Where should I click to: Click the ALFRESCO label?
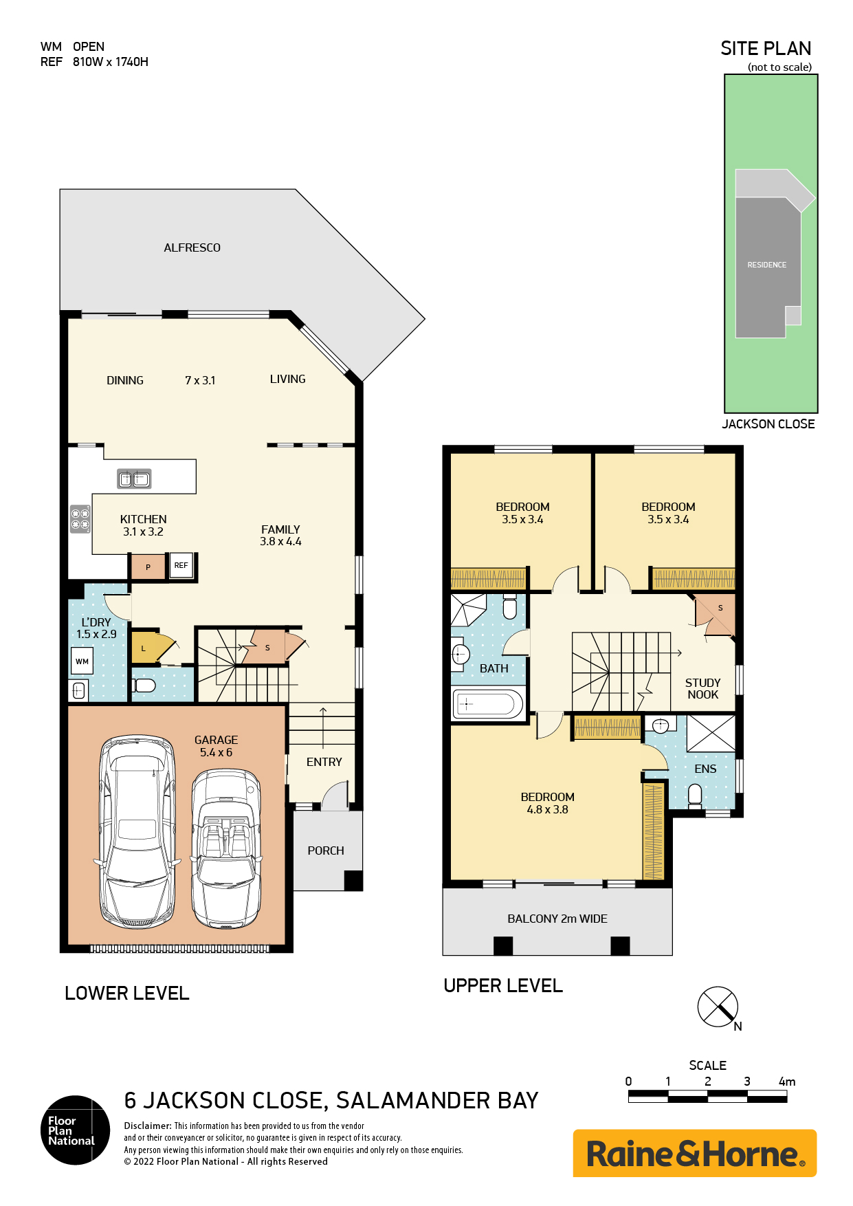click(x=192, y=248)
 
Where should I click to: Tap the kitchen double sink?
click(x=134, y=479)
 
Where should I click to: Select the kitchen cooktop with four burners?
click(x=80, y=519)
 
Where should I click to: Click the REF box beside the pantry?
click(x=181, y=565)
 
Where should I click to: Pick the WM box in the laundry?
click(x=82, y=661)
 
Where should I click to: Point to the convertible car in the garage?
click(x=226, y=848)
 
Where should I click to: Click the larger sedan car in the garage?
click(x=137, y=831)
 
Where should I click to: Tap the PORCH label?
click(x=326, y=851)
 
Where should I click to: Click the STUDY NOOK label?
click(x=702, y=688)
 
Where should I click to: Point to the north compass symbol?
click(x=718, y=1007)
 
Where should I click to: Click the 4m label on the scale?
click(x=787, y=1082)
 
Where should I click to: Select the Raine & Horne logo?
click(x=695, y=1153)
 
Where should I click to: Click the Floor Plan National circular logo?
click(x=75, y=1130)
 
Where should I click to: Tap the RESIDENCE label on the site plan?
click(x=767, y=265)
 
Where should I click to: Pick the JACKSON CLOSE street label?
click(x=768, y=424)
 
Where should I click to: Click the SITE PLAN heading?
click(x=766, y=48)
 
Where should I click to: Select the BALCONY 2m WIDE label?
click(x=557, y=919)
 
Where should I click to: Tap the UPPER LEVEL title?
click(x=503, y=985)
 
